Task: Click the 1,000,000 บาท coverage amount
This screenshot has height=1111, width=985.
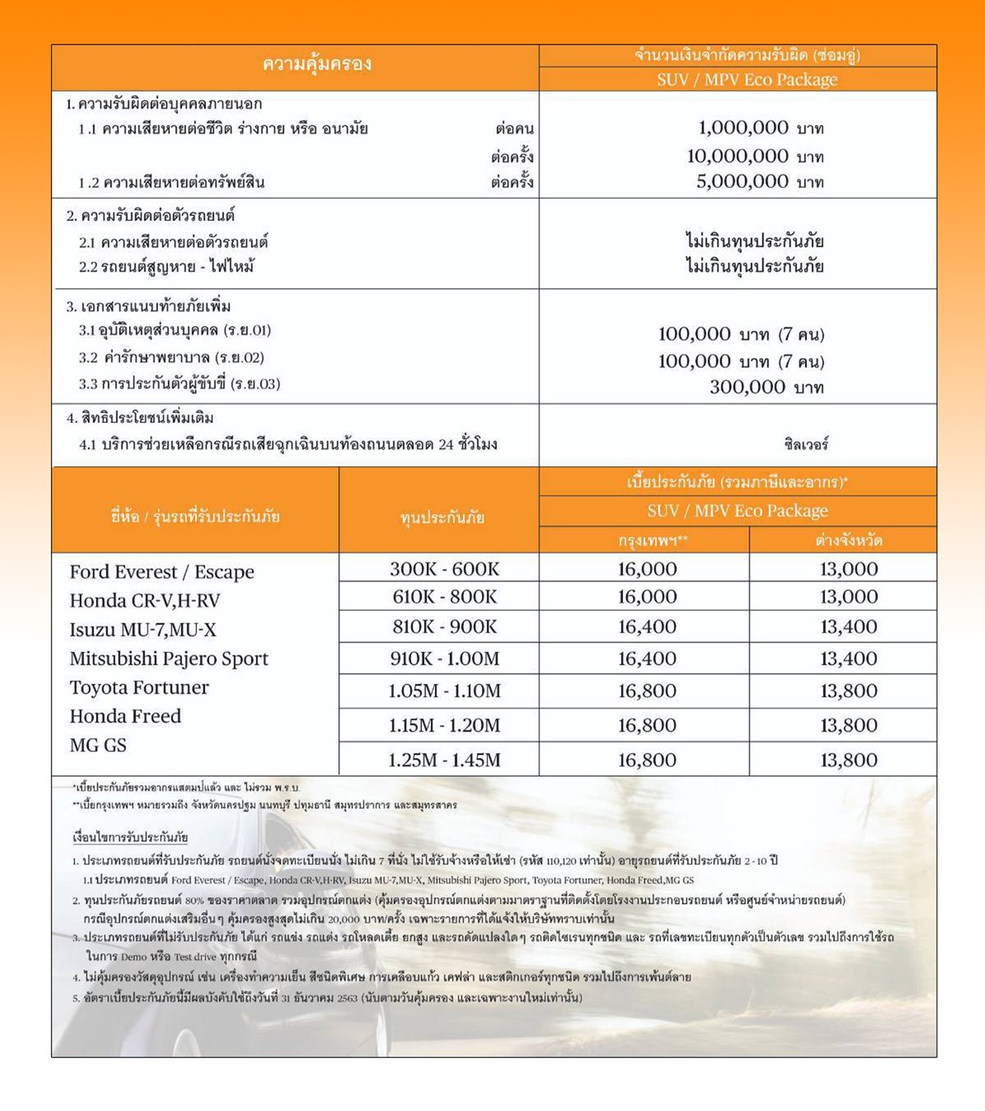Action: (760, 128)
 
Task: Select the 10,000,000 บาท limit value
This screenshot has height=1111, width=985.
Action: (754, 156)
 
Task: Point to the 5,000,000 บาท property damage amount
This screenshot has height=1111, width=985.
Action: (759, 181)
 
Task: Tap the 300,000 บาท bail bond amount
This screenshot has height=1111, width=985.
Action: (766, 387)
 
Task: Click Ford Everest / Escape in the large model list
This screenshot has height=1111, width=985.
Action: (162, 572)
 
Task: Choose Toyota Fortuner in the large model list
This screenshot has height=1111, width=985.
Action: (139, 687)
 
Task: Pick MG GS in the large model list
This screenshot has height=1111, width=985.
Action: (98, 745)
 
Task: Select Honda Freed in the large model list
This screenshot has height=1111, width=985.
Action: (125, 716)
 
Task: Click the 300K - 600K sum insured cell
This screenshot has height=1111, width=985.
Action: (444, 569)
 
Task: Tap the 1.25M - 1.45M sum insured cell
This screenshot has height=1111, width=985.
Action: (444, 760)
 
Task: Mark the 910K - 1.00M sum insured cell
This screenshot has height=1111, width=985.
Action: (444, 659)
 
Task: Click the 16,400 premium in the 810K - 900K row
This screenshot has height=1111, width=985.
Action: (647, 627)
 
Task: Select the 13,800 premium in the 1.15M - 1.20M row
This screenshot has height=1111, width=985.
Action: (848, 725)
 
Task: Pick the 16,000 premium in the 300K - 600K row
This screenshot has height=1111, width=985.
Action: (647, 569)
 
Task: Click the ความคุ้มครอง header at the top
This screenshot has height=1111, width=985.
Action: (317, 64)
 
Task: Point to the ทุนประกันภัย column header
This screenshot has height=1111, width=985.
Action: (442, 517)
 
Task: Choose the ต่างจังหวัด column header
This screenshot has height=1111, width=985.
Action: (848, 540)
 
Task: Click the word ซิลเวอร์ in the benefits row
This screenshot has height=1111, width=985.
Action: (806, 444)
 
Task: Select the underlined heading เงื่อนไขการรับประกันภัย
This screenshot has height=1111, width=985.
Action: (130, 838)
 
